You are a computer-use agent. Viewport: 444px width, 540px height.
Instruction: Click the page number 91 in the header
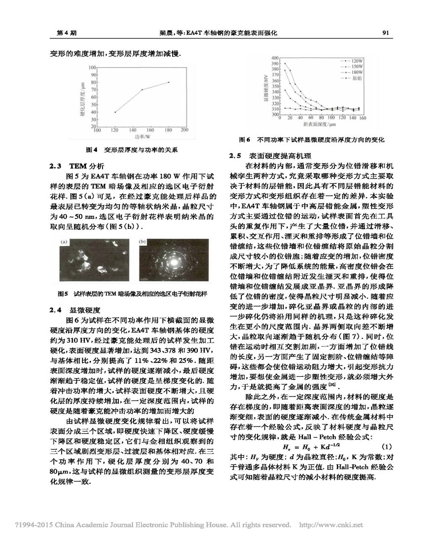pyautogui.click(x=386, y=33)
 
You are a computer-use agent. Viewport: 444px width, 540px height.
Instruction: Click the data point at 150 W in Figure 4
pyautogui.click(x=142, y=89)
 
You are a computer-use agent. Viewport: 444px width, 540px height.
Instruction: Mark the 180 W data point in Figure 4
pyautogui.click(x=169, y=82)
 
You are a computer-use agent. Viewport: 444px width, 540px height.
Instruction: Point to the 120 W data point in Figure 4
pyautogui.click(x=115, y=112)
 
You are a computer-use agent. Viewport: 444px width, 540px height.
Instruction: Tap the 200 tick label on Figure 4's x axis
pyautogui.click(x=185, y=130)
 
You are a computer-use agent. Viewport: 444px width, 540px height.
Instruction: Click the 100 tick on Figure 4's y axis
pyautogui.click(x=92, y=67)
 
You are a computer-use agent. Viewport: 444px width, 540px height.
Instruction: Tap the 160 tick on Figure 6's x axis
pyautogui.click(x=362, y=118)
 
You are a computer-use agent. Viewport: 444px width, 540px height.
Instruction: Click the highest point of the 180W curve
pyautogui.click(x=285, y=64)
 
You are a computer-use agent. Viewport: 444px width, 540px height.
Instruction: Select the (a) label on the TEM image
pyautogui.click(x=64, y=243)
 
